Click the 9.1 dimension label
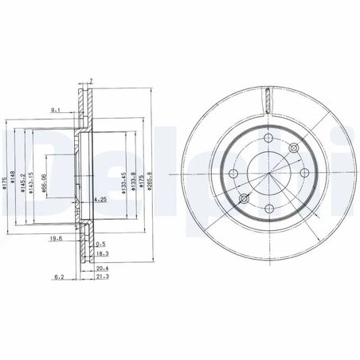click(x=55, y=109)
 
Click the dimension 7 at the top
click(x=92, y=81)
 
